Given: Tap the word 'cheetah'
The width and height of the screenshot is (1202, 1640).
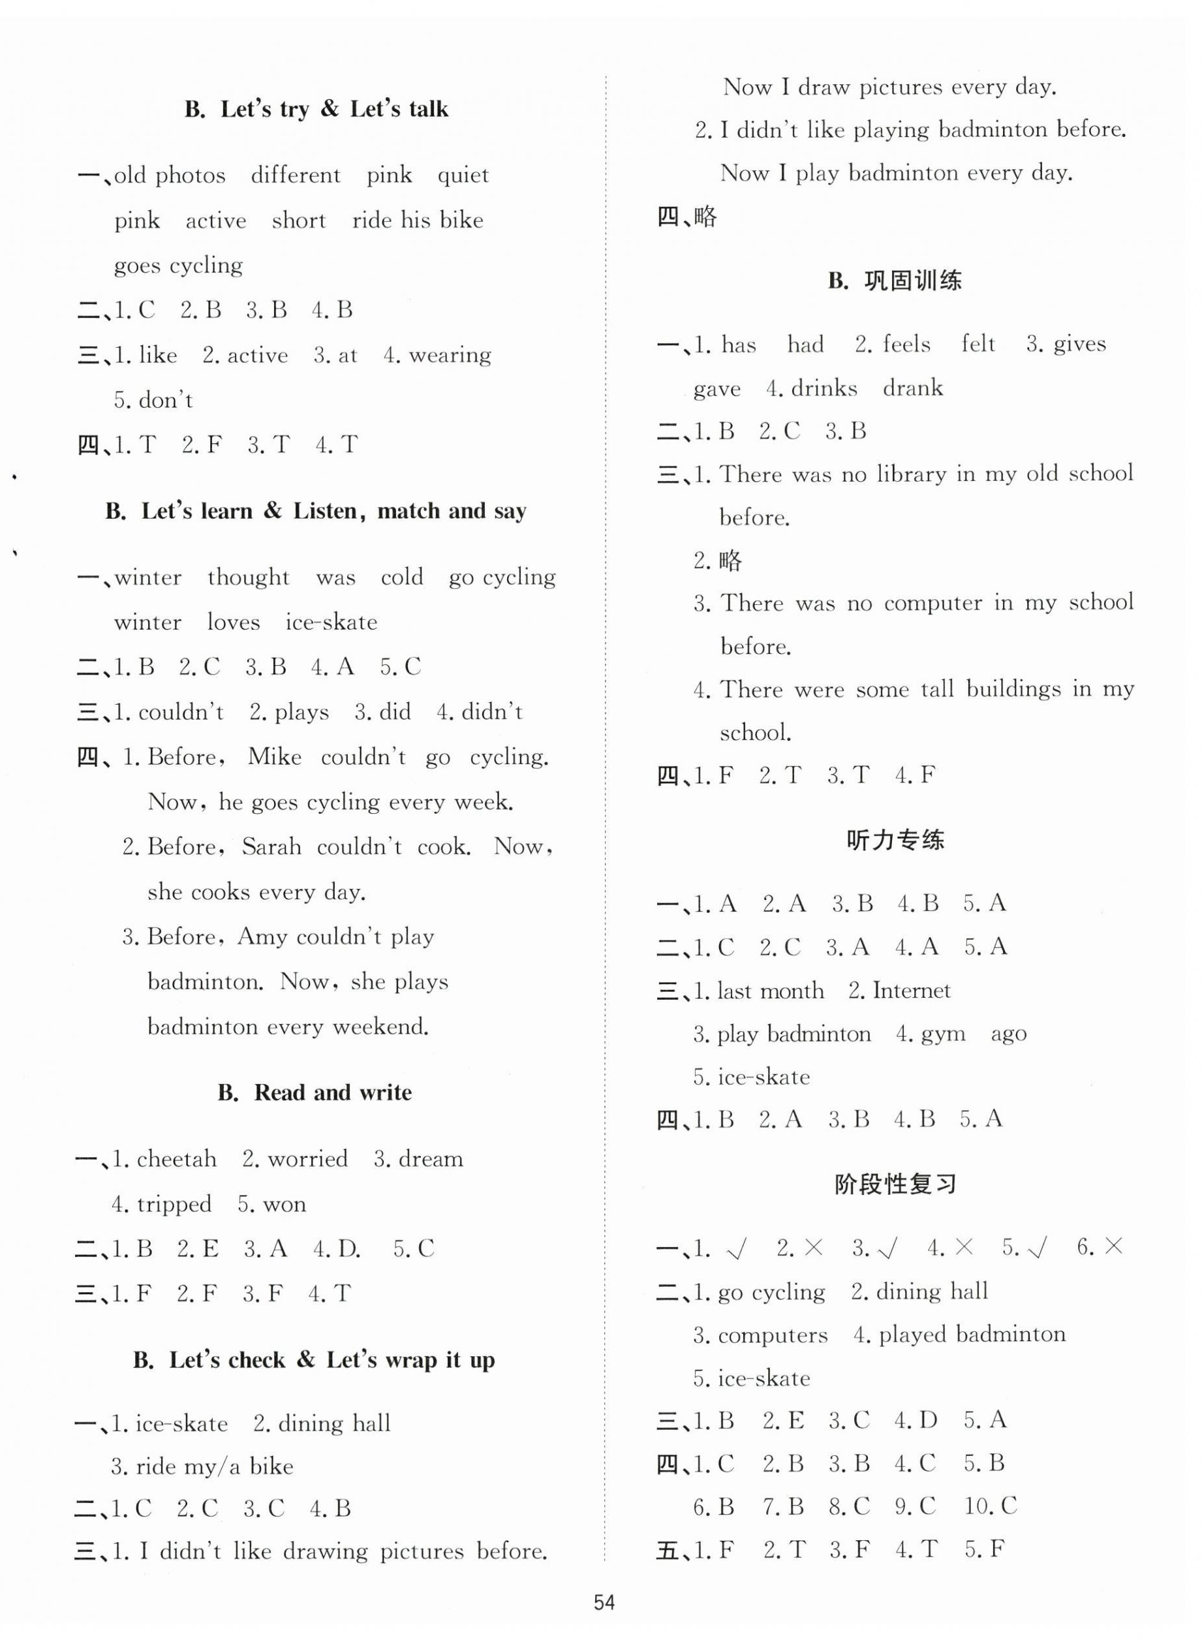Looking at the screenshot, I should coord(176,1158).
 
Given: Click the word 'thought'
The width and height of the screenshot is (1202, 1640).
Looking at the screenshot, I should coord(248,577).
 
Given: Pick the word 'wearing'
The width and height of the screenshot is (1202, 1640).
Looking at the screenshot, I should coord(450,355).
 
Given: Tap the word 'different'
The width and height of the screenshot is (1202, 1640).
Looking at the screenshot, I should coord(296,176).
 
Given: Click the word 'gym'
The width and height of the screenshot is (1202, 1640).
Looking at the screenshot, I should coord(943,1034).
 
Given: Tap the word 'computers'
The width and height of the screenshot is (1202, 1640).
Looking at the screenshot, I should coord(772,1335).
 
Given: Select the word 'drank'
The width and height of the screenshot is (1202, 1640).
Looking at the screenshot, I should coord(912,388).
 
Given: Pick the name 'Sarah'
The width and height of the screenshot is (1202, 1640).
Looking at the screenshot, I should coord(271,847).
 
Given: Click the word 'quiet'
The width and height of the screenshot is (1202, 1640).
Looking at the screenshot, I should coord(463,176).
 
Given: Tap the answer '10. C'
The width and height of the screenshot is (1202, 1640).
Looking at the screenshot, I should coord(991,1506).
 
